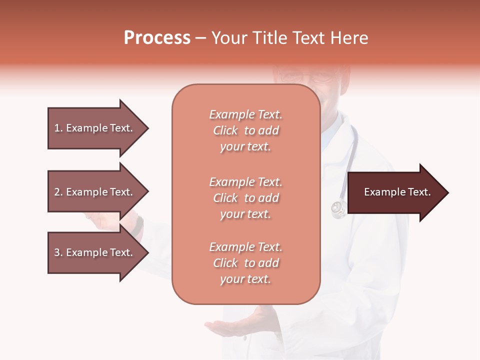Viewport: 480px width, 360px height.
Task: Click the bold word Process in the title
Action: click(157, 38)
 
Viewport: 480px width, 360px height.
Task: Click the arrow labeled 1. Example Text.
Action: click(95, 128)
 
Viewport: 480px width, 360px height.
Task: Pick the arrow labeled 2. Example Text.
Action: click(95, 192)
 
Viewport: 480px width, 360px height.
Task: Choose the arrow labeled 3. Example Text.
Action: click(95, 252)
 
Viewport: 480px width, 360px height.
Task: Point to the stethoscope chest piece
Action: click(338, 208)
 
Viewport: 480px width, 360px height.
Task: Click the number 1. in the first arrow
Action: click(58, 128)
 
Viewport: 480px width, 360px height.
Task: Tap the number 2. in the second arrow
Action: click(58, 192)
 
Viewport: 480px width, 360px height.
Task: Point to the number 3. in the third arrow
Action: click(58, 252)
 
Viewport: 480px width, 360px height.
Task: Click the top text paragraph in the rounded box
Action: click(245, 130)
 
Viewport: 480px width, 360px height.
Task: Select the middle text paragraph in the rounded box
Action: click(245, 198)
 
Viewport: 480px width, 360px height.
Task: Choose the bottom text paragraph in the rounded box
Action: click(245, 263)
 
